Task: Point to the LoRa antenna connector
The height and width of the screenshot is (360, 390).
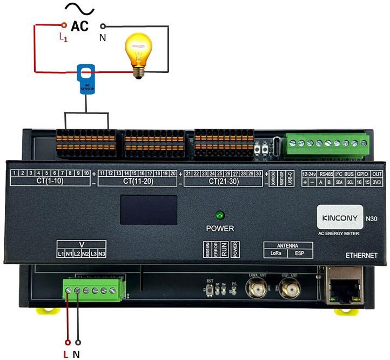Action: (255, 290)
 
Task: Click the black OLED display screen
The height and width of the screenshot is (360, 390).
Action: (149, 210)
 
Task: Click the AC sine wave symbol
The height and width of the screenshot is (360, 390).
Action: (79, 9)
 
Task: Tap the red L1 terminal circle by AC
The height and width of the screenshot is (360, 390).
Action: (64, 25)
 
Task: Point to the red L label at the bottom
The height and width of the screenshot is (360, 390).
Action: (65, 354)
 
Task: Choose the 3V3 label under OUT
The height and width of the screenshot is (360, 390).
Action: (377, 183)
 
